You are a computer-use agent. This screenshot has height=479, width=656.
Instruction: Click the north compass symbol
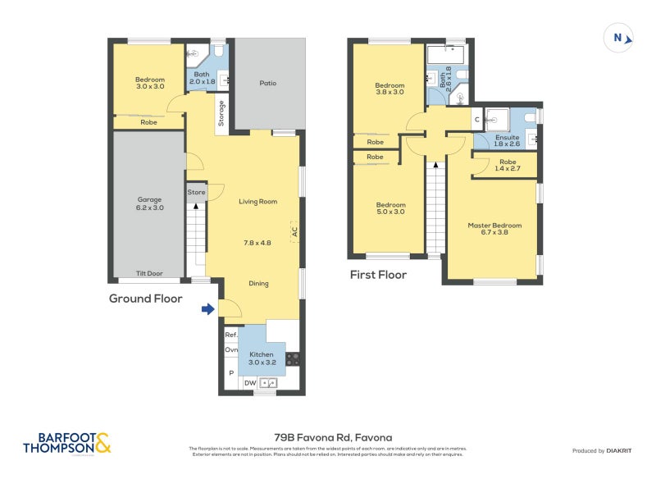618,38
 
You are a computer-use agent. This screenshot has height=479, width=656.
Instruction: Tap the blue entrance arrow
208,309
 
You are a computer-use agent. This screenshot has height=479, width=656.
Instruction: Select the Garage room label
149,199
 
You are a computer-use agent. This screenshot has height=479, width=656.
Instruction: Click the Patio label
267,83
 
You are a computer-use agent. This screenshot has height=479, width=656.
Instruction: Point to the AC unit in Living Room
294,233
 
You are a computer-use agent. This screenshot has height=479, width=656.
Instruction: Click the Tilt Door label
149,274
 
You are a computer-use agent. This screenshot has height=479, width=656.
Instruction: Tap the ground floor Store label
196,193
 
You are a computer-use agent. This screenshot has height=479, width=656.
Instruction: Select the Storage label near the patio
221,112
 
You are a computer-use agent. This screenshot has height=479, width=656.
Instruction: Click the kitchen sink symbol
269,382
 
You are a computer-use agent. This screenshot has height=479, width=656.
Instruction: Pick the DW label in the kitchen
249,382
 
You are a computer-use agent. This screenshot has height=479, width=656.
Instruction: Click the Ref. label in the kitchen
230,335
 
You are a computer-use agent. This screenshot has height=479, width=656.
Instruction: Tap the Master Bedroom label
494,226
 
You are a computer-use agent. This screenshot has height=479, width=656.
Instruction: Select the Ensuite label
507,137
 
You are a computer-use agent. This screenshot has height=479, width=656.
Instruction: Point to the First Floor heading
378,275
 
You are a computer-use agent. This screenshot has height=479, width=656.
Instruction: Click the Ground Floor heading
145,299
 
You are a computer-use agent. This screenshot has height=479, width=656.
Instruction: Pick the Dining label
258,284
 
